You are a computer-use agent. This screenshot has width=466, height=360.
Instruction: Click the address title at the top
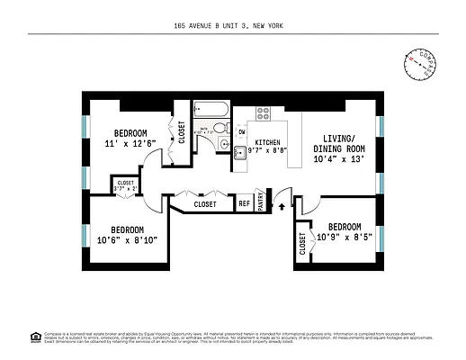(233, 27)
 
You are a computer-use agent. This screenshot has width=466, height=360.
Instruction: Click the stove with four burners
(264, 114)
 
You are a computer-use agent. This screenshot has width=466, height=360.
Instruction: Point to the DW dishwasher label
(242, 133)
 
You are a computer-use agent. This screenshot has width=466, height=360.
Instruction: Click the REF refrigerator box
(244, 203)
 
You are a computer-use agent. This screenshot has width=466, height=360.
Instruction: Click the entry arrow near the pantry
(284, 205)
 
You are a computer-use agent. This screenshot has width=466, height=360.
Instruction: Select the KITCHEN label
(269, 143)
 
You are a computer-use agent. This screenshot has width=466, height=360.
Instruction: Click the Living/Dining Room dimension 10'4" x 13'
(339, 159)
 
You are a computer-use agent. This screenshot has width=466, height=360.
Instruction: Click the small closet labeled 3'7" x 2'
(124, 185)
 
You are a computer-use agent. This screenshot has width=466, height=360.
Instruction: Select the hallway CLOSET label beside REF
(205, 204)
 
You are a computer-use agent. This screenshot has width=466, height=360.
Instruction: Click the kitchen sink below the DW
(241, 152)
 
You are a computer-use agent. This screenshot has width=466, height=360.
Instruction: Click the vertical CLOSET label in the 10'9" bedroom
(301, 244)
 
